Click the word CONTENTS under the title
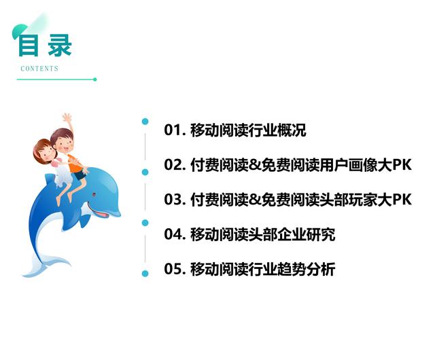click(39, 69)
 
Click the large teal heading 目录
click(44, 45)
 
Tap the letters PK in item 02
click(402, 165)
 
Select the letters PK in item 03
click(402, 200)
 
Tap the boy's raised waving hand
click(67, 118)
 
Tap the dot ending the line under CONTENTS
click(94, 79)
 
